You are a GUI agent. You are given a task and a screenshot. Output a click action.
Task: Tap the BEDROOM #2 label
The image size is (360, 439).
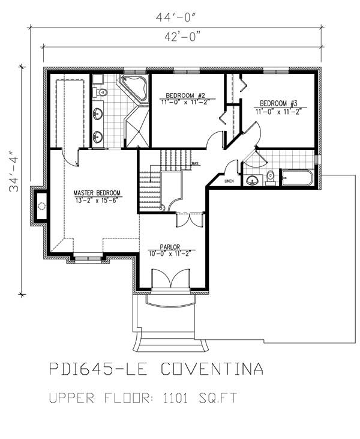(x=186, y=95)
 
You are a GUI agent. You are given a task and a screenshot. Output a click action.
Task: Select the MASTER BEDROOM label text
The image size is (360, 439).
(x=97, y=193)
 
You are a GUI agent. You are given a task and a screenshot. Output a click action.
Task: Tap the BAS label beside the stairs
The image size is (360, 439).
(x=194, y=163)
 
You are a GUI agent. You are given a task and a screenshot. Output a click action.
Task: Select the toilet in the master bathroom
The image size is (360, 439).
(x=101, y=92)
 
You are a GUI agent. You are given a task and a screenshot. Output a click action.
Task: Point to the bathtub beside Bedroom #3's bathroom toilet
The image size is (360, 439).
(x=296, y=178)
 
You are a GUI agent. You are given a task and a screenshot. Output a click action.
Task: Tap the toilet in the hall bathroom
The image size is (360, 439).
(x=270, y=177)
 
